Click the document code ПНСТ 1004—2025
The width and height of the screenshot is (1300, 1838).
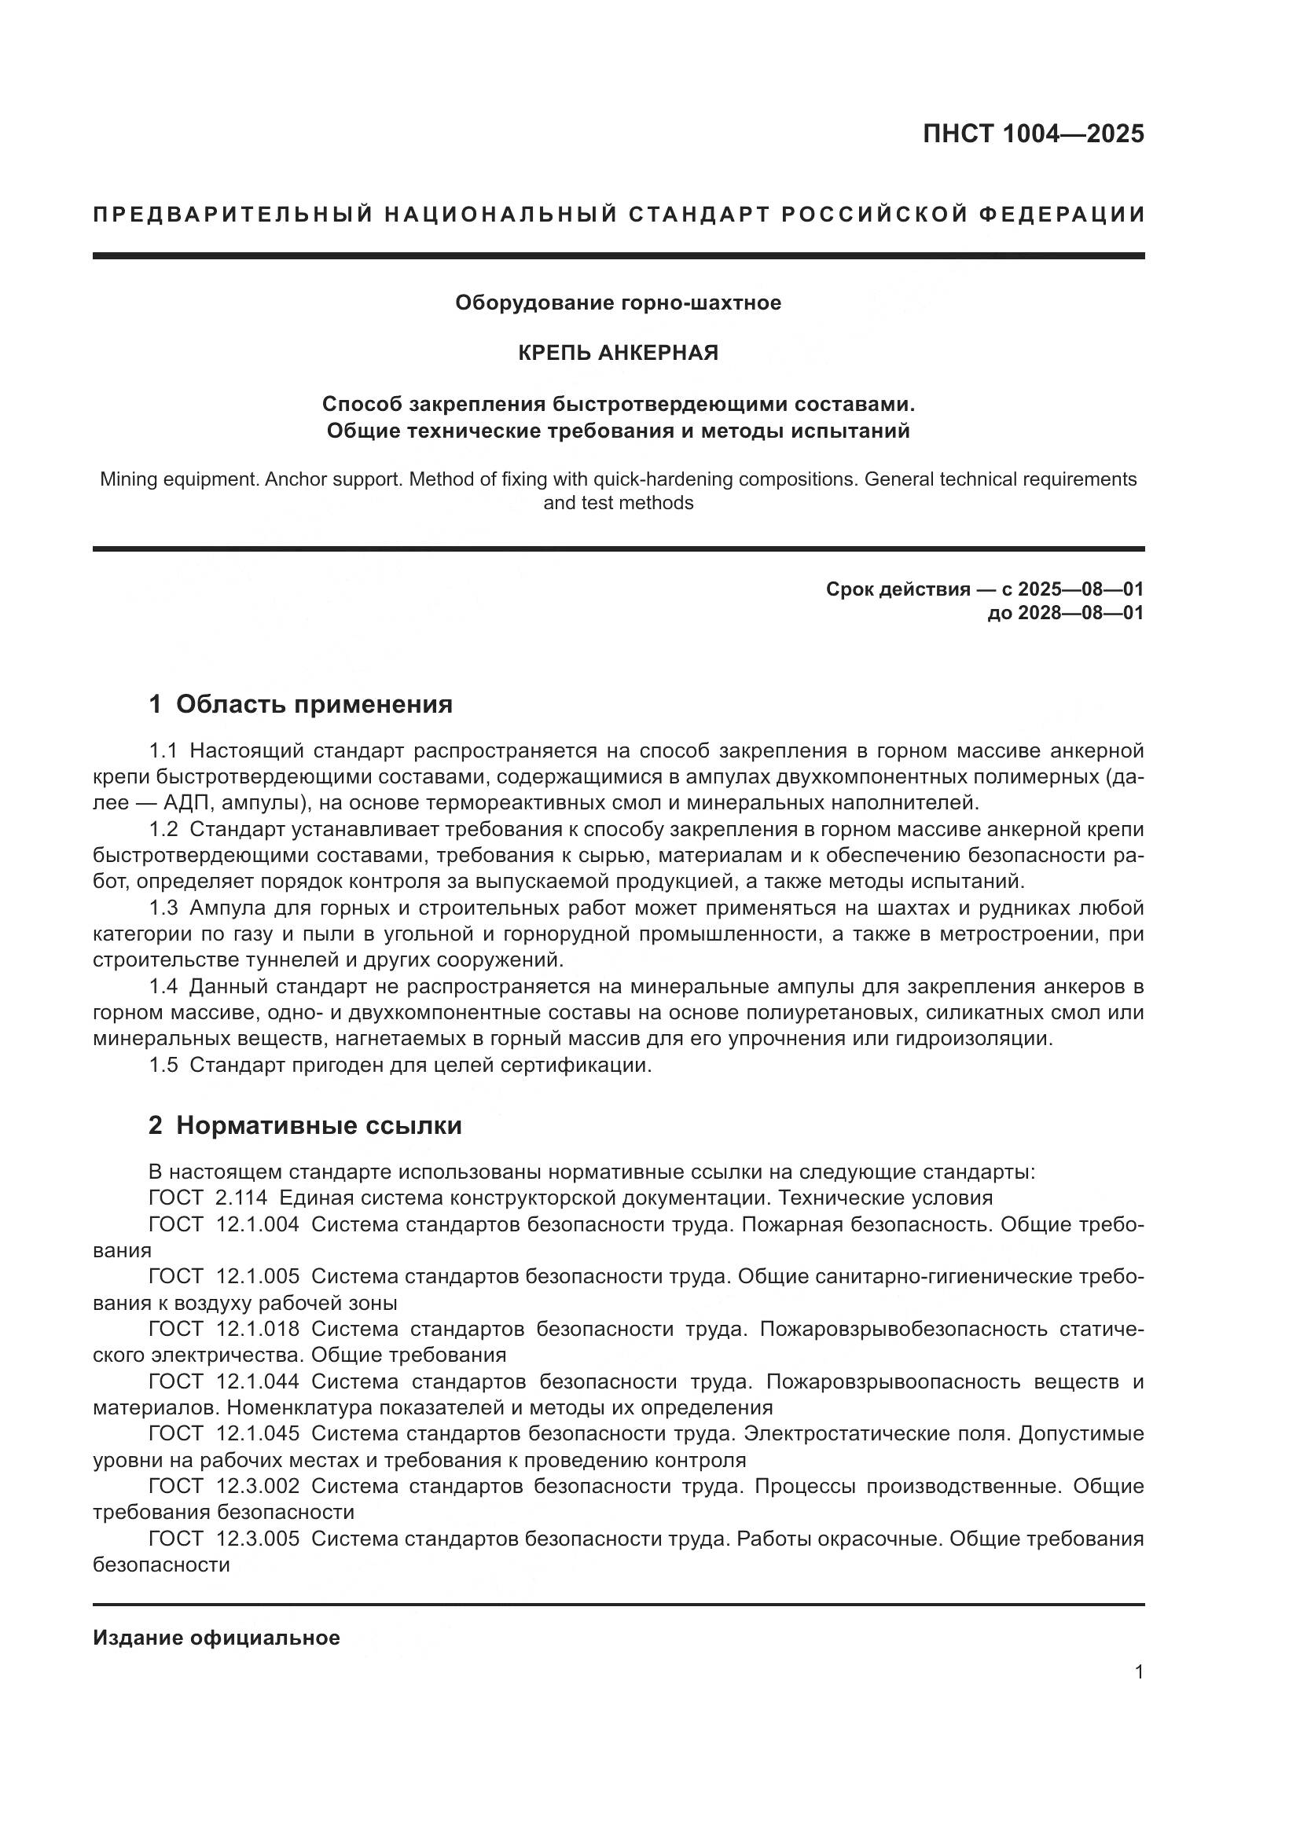coord(1033,134)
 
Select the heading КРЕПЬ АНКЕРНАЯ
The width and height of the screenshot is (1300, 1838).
coord(618,353)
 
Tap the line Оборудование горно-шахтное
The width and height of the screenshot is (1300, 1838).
coord(618,303)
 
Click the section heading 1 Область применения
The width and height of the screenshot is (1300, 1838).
coord(300,704)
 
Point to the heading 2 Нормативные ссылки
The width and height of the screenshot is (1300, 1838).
coord(305,1125)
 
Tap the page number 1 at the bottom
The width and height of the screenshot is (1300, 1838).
coord(1138,1672)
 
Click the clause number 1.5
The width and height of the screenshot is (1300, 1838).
coord(163,1066)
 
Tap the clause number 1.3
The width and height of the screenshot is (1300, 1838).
coord(163,908)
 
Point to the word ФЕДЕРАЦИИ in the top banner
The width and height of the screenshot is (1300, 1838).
coord(1061,215)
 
